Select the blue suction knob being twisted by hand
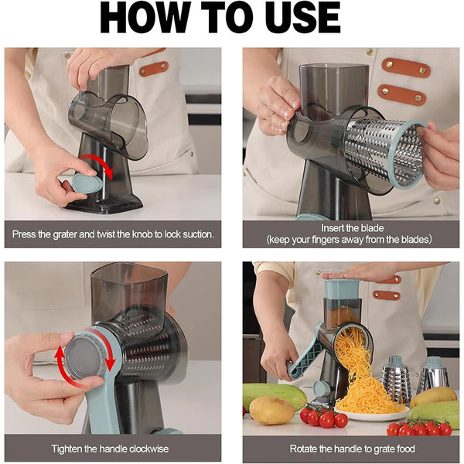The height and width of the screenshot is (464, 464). pyautogui.click(x=87, y=183)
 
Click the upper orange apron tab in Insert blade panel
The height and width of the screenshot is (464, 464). pyautogui.click(x=407, y=67)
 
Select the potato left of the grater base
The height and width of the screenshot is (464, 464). pyautogui.click(x=272, y=411)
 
